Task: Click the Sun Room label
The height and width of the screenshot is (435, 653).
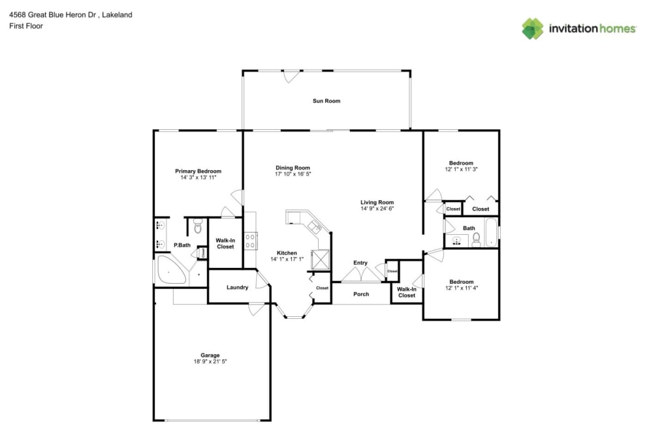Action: click(326, 101)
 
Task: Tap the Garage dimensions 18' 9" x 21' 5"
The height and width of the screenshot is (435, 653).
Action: click(210, 361)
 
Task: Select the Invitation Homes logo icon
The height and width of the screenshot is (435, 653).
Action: click(532, 28)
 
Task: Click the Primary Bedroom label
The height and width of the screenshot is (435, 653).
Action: click(198, 171)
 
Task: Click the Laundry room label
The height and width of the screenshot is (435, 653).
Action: click(237, 287)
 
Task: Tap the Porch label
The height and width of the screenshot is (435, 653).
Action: click(361, 294)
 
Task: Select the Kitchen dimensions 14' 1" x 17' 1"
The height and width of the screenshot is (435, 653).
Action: click(287, 259)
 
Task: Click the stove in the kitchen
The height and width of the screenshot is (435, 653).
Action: click(249, 241)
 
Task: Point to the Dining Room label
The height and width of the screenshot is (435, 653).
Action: click(293, 168)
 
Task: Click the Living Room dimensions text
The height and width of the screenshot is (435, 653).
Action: click(377, 209)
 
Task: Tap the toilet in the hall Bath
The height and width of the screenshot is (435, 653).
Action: click(477, 239)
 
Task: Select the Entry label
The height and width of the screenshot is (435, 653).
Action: click(360, 263)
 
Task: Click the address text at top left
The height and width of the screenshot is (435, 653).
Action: click(71, 14)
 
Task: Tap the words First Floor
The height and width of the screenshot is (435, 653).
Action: click(26, 26)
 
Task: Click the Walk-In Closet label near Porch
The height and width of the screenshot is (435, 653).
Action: click(407, 292)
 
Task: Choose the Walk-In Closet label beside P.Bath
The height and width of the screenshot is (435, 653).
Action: click(225, 243)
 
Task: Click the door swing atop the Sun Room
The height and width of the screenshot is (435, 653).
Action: click(291, 76)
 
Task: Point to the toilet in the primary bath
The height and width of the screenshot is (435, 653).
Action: click(198, 226)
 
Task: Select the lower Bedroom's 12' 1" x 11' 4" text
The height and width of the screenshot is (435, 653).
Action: click(461, 288)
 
